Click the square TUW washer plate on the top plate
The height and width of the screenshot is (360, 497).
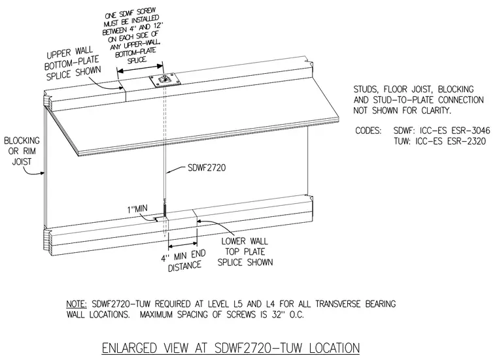pos(165,80)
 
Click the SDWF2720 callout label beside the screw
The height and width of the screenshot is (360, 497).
pos(207,167)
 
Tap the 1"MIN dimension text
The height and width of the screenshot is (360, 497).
pos(137,209)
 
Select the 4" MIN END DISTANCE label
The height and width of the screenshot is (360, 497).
pos(184,261)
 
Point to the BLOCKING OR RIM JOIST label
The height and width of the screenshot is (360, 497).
pos(22,151)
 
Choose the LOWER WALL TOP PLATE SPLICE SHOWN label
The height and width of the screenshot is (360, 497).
pos(245,252)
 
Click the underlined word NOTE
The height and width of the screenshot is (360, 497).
pos(77,304)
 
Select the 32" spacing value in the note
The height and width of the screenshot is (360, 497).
pos(277,315)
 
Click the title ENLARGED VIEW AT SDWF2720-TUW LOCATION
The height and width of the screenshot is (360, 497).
pos(231,348)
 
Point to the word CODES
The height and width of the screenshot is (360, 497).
pos(368,131)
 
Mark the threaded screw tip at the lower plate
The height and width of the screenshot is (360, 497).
pos(165,210)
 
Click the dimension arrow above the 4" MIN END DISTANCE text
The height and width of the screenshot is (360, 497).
pos(183,245)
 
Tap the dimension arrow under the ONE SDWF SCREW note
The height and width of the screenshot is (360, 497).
pos(140,69)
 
